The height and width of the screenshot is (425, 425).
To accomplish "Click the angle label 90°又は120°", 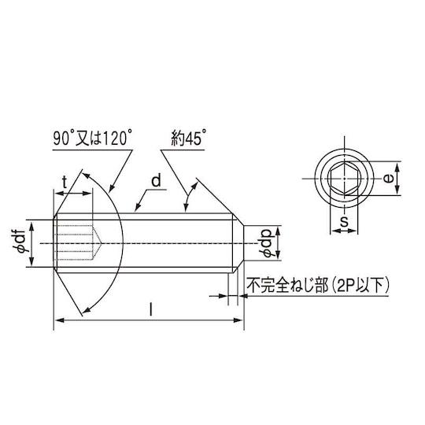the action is pos(93,138).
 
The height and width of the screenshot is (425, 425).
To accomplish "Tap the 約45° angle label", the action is pos(188,138).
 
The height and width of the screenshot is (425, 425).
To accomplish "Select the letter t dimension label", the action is pos(65,182).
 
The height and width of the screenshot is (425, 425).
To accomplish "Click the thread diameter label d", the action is pos(156,181).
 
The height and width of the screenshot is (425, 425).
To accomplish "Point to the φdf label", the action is pos(20,241).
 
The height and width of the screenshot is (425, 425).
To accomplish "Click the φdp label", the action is pos(267,243).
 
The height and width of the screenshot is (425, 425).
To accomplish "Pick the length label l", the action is pos(150,310).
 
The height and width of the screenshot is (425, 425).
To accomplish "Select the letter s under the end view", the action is pos(344,221).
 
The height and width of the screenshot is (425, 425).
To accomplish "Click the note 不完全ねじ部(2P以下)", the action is pos(318,285).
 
